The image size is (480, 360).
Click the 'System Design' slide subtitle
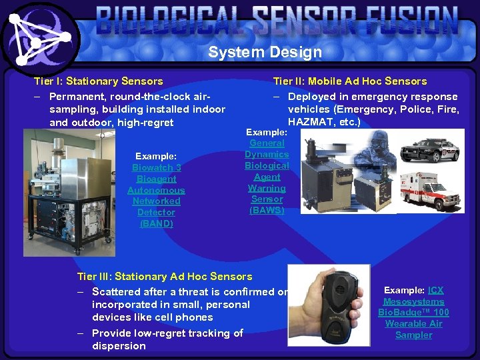pos(265,52)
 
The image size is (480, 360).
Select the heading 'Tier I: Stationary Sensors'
pos(98,81)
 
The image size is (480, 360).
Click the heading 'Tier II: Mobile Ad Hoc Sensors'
pos(349,81)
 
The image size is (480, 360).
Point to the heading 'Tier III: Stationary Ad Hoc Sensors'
pos(165,276)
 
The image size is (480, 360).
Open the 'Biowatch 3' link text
pos(156,167)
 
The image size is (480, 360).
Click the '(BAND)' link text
pos(156,223)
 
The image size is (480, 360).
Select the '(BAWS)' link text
pos(267,210)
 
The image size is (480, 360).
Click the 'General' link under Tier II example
pos(267,143)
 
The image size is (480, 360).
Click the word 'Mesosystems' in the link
pos(413,301)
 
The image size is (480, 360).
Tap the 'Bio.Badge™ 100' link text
pos(413,313)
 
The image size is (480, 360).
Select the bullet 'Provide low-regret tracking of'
pos(167,333)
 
